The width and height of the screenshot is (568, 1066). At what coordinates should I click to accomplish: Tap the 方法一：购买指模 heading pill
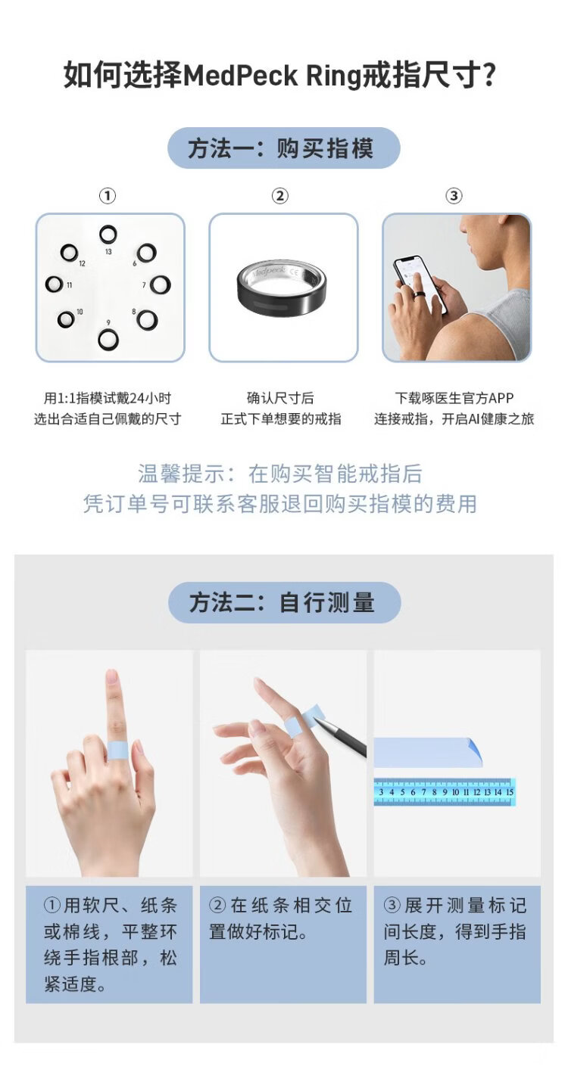click(283, 148)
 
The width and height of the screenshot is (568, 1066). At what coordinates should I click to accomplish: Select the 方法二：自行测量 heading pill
click(284, 602)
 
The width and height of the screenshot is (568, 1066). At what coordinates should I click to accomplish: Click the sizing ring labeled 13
click(108, 234)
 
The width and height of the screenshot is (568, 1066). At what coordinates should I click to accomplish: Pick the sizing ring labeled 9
click(108, 339)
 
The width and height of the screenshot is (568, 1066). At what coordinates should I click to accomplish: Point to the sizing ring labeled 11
click(55, 284)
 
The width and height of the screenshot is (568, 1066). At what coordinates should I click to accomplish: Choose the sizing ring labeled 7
click(160, 284)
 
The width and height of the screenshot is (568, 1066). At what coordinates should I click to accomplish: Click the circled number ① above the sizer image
click(108, 196)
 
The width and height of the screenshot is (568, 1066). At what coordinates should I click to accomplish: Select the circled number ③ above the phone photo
click(454, 196)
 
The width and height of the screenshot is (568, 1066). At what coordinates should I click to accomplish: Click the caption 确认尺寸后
click(281, 398)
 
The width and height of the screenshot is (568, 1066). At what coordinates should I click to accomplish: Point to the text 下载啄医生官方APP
click(454, 398)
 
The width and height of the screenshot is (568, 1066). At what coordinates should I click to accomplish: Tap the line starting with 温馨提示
click(280, 474)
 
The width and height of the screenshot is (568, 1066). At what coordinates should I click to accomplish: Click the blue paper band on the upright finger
click(119, 751)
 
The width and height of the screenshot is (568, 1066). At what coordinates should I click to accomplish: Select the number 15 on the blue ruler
click(510, 792)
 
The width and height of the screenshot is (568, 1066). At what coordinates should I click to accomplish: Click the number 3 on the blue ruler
click(381, 792)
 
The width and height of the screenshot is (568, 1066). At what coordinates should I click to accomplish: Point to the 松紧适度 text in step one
click(75, 984)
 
